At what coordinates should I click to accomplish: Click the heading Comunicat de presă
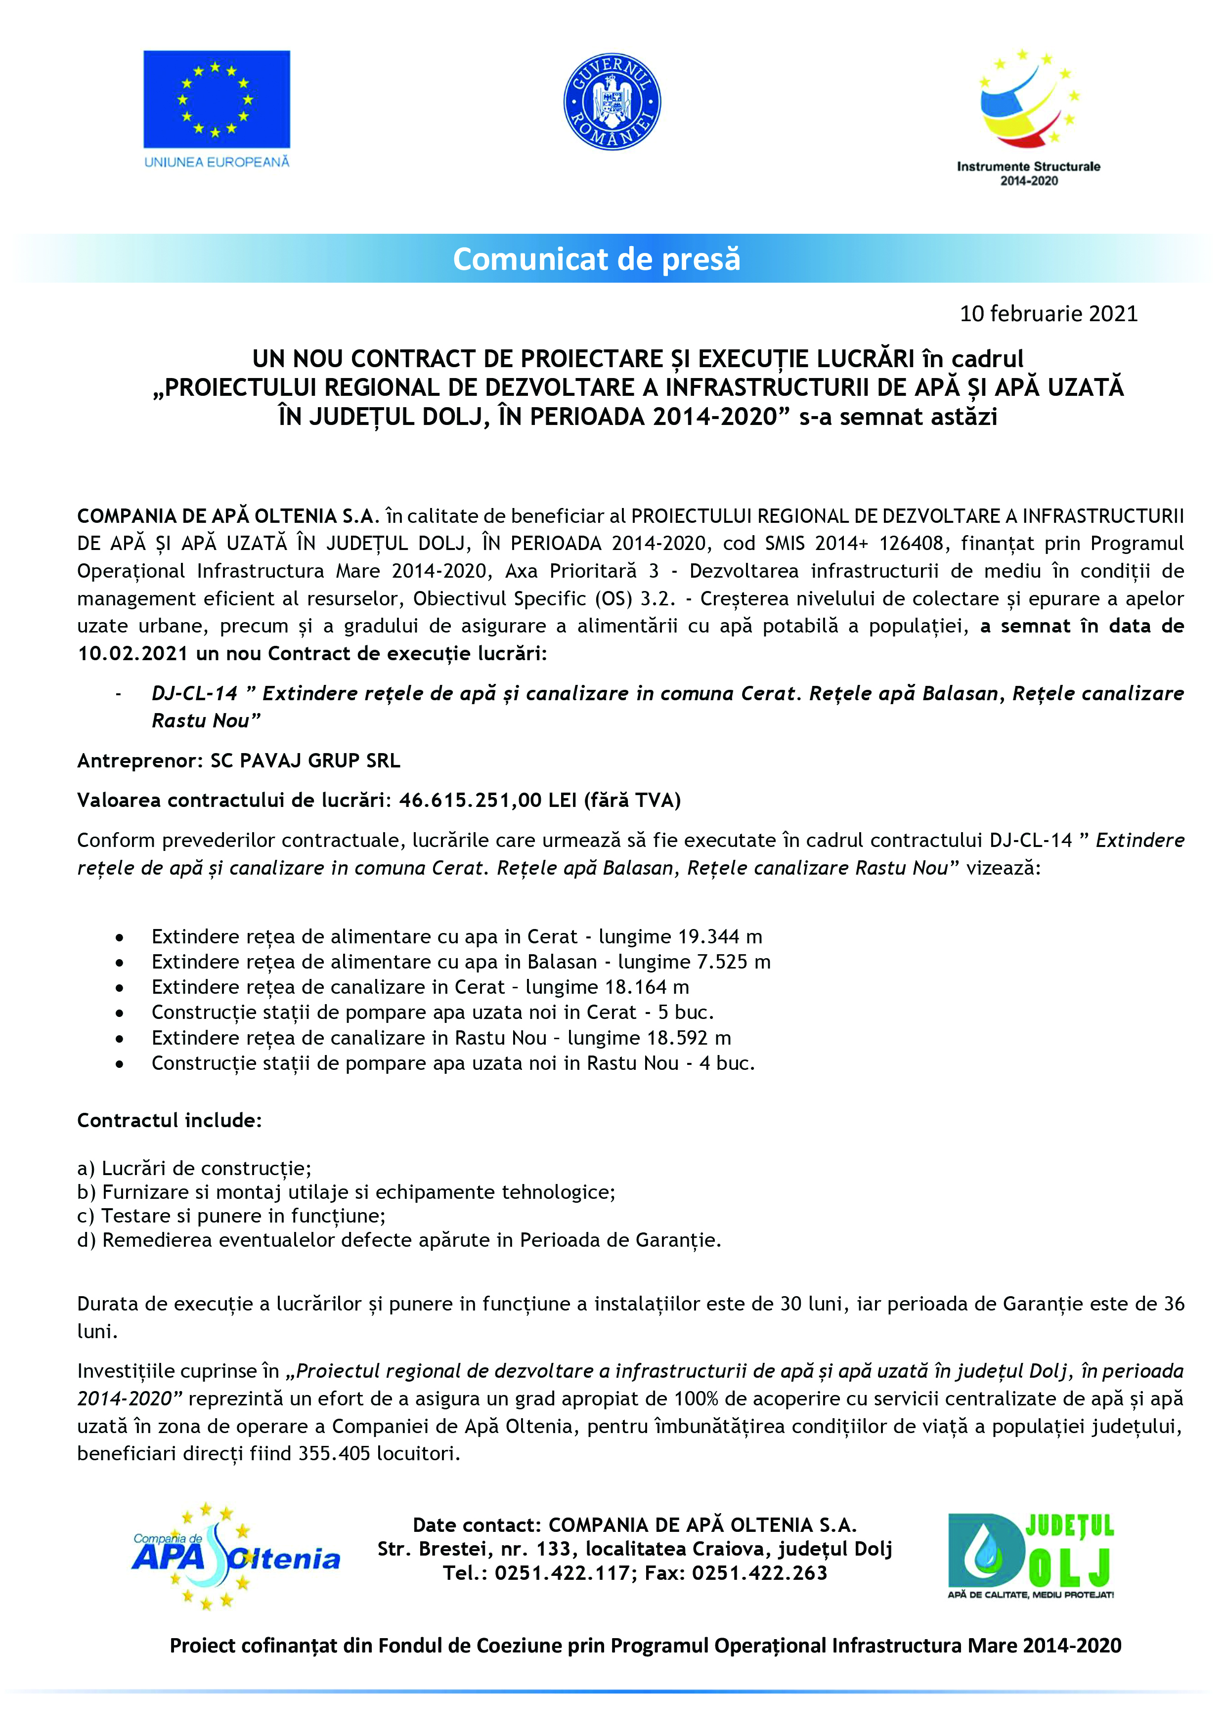coord(596,259)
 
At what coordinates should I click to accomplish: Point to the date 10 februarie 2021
coord(1048,314)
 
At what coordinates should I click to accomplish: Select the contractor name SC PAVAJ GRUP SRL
coord(305,761)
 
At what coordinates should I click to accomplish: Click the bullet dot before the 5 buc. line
coord(119,1013)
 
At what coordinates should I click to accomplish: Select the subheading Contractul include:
coord(169,1120)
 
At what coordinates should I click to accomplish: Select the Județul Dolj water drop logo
coord(1030,1557)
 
